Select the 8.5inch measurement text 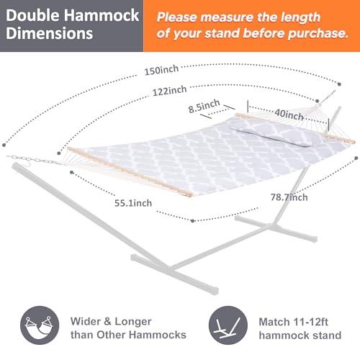[204, 106]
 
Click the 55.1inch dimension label [131, 203]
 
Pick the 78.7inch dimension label [289, 197]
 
